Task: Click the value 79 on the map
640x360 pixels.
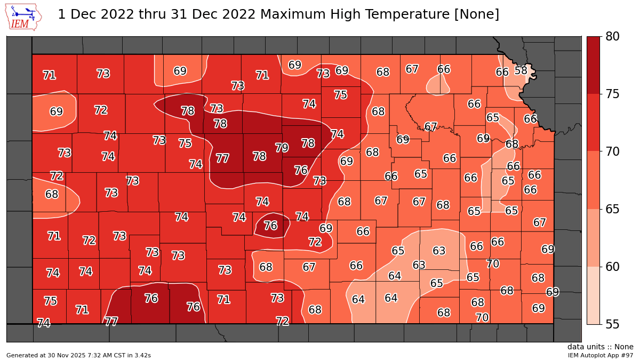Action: (x=282, y=148)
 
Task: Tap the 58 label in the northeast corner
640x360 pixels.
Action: (x=521, y=70)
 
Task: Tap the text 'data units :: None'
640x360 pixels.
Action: (x=600, y=347)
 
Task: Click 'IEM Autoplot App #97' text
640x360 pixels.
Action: (x=600, y=355)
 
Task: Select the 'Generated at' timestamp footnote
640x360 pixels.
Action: (x=78, y=355)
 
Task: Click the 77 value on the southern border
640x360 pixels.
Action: (x=111, y=322)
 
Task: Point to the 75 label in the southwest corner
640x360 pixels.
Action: (x=50, y=301)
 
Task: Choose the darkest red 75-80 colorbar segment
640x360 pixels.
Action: (x=593, y=65)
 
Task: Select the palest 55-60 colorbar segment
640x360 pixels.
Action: (x=593, y=295)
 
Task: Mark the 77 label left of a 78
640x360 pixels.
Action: (x=222, y=158)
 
